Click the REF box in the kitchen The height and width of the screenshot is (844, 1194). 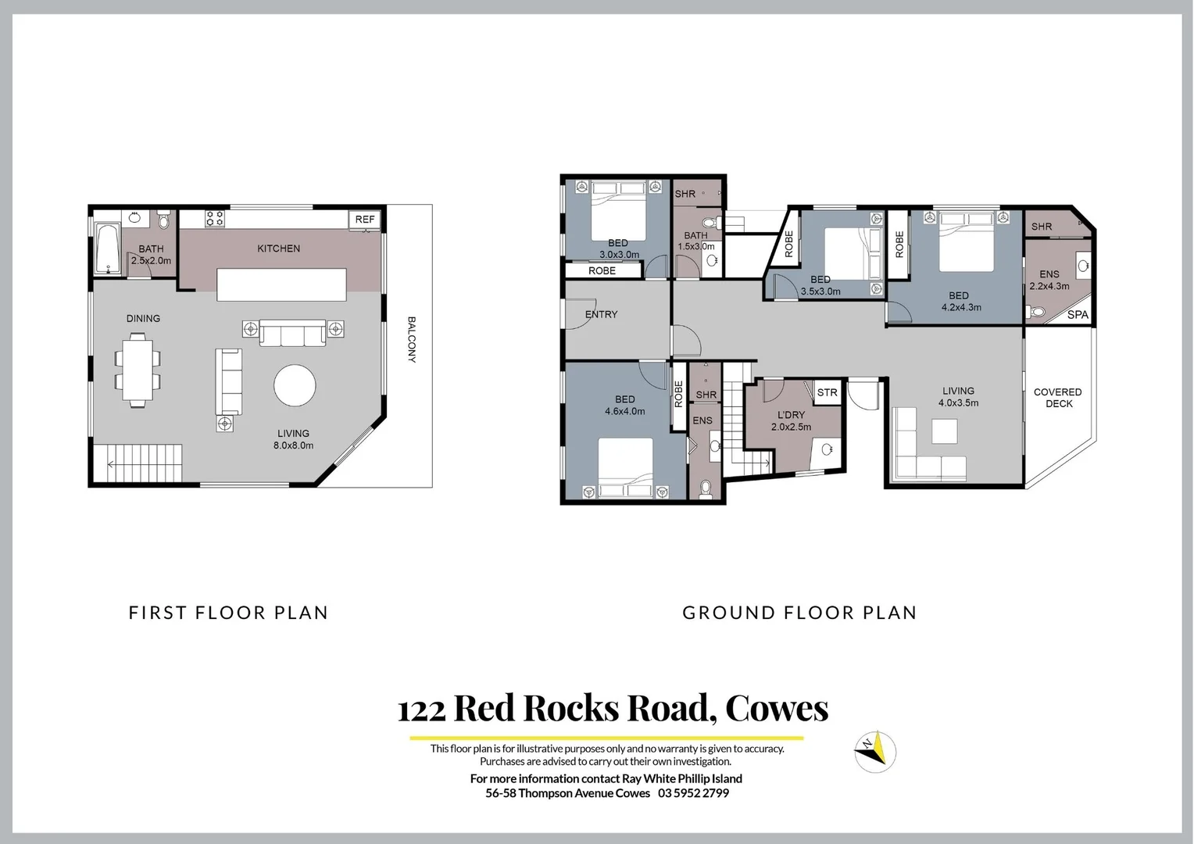(365, 220)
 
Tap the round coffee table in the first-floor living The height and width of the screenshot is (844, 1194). (295, 385)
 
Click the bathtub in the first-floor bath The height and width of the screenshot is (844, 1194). (107, 249)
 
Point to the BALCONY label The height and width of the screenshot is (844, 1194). (411, 340)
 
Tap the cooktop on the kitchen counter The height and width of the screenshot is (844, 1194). (215, 219)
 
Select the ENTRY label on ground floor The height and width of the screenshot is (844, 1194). (601, 314)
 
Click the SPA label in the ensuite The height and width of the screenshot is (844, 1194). (1078, 315)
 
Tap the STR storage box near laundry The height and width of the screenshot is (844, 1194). (827, 392)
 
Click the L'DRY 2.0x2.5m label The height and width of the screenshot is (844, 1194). (791, 421)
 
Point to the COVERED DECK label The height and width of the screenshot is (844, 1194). (1058, 398)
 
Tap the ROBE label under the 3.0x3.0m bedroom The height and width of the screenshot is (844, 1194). (602, 271)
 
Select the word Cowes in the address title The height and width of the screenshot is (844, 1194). (777, 708)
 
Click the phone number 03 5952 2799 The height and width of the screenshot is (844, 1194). (694, 793)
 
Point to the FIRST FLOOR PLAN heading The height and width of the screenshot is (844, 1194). (228, 613)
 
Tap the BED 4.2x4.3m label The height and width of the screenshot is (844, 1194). (960, 302)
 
